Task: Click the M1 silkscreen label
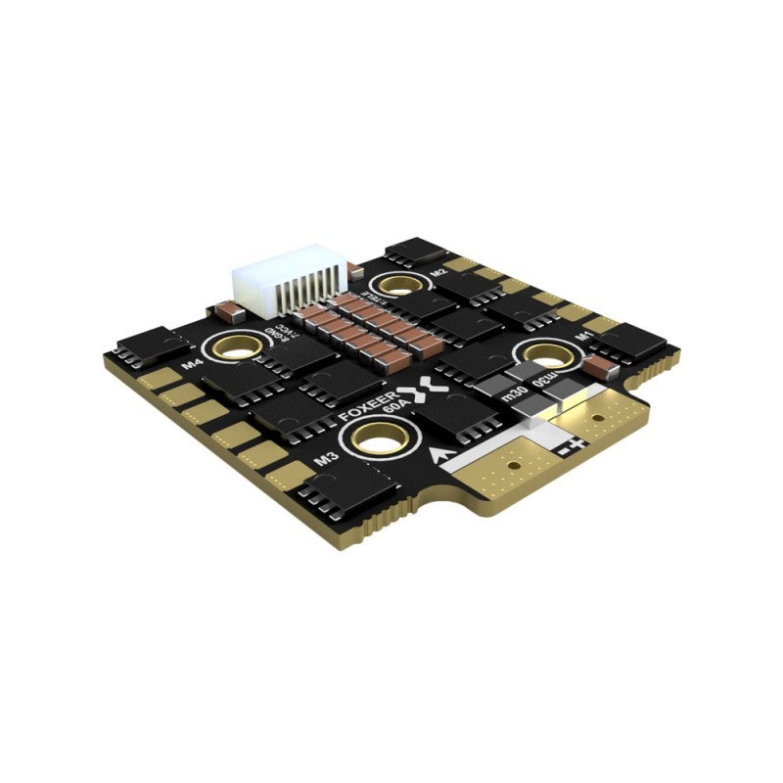pos(581,336)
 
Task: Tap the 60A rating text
pos(391,416)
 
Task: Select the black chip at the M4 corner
pos(152,345)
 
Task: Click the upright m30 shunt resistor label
pos(512,395)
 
